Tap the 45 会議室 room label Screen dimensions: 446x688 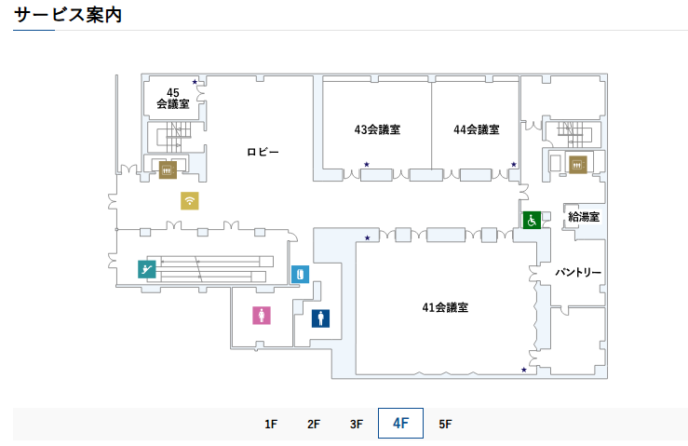[173, 98]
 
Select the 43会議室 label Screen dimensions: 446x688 [377, 129]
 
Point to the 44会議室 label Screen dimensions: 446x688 [477, 129]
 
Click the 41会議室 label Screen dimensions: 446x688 [444, 307]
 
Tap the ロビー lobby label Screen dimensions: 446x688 [263, 152]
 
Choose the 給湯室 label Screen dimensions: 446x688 [584, 217]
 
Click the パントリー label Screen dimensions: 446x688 [578, 273]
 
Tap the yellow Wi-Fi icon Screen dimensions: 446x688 [190, 200]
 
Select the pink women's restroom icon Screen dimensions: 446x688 [262, 315]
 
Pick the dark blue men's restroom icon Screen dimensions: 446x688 [320, 318]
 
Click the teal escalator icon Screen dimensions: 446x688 [146, 269]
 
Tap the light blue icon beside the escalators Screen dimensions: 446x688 [300, 275]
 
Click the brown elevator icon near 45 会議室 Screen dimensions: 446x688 [168, 170]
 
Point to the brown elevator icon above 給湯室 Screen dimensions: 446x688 [577, 165]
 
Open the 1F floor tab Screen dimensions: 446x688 [271, 424]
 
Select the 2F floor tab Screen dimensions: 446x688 [314, 424]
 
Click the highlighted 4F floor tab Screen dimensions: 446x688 [400, 423]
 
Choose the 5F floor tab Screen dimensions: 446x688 [445, 424]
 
